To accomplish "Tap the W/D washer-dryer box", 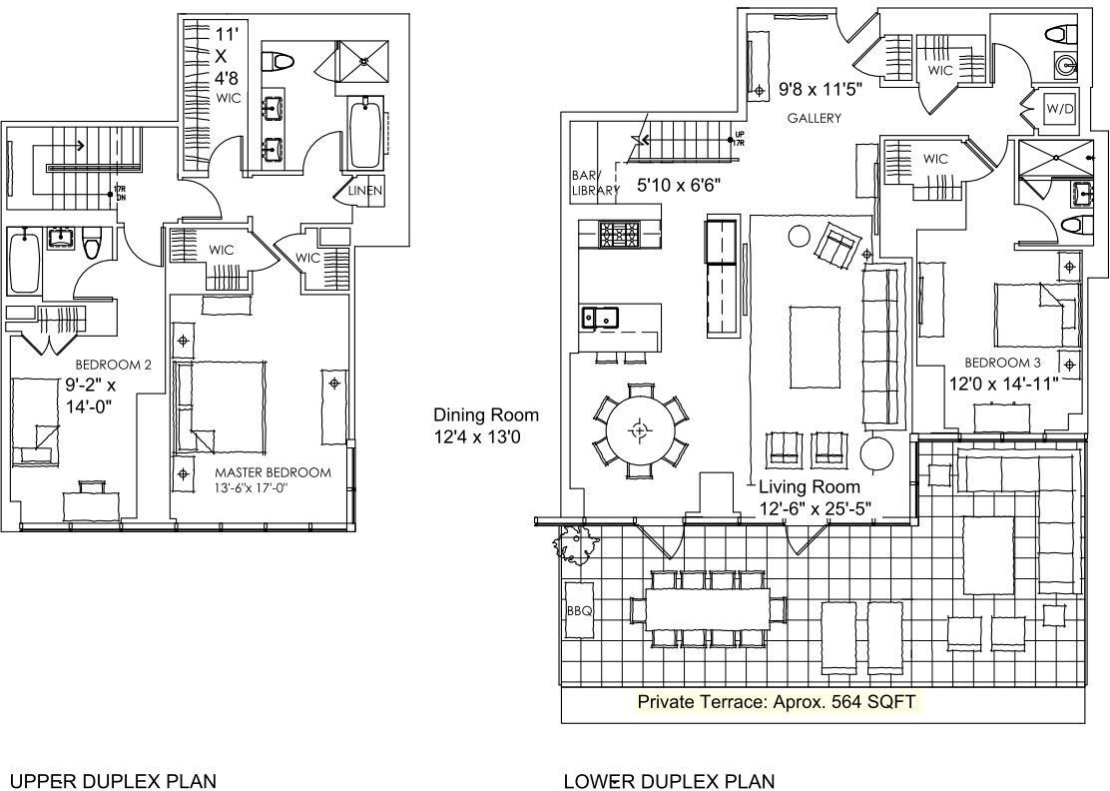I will click(x=1059, y=108).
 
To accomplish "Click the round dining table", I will click(x=639, y=430).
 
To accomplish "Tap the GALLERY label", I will click(x=814, y=118).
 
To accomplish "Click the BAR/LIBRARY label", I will click(x=590, y=181).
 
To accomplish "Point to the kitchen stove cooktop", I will click(x=620, y=235).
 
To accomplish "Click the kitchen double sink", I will click(x=600, y=318).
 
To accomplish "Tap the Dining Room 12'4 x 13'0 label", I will click(x=486, y=423).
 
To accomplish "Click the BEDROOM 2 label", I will click(x=113, y=365).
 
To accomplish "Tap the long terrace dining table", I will click(x=710, y=606).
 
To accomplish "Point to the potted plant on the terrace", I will click(x=577, y=545).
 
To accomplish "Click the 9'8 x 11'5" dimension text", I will click(x=821, y=90).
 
